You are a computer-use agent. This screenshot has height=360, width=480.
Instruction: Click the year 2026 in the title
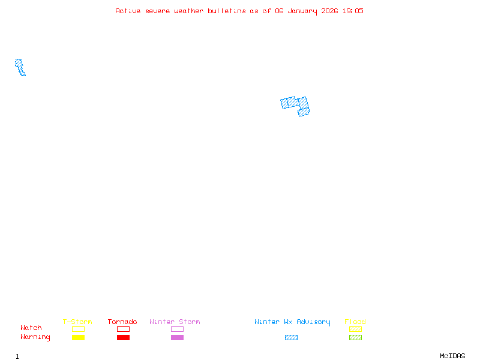point(329,11)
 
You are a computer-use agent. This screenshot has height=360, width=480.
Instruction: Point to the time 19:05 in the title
point(353,11)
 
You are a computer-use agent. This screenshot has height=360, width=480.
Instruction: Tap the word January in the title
point(302,11)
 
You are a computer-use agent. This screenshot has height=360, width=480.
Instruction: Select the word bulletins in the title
point(227,11)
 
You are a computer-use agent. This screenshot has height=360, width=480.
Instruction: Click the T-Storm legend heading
point(77,322)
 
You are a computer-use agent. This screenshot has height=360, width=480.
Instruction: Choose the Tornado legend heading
point(122,322)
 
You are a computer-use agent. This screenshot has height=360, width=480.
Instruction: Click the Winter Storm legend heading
point(175,322)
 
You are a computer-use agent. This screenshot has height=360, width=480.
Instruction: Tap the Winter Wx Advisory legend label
point(292,322)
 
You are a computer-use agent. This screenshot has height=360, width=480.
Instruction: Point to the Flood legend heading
point(355,322)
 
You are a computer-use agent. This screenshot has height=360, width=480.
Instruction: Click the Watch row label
point(31,328)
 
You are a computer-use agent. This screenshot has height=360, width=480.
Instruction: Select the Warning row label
point(35,337)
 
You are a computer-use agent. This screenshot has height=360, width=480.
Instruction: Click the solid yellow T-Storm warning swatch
point(79,337)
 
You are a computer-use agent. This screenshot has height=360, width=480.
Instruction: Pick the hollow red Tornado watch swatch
point(124,329)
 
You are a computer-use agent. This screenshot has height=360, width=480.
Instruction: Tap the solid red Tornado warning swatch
point(124,337)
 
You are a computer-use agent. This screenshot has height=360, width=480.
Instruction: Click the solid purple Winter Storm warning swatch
point(177,337)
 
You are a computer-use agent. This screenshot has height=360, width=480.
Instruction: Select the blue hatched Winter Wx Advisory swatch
point(291,337)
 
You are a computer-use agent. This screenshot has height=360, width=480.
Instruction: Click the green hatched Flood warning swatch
point(355,337)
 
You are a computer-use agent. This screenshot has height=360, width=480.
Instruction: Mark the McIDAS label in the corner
point(452,356)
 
